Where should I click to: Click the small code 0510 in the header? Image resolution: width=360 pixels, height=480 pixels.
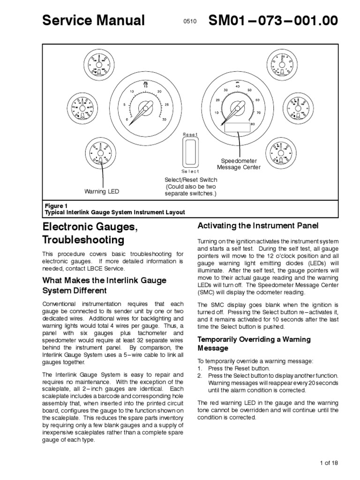point(190,22)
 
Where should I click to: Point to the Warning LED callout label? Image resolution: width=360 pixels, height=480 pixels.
point(102,191)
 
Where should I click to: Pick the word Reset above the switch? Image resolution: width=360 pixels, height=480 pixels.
point(190,135)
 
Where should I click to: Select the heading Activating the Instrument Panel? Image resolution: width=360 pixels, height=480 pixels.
point(258,226)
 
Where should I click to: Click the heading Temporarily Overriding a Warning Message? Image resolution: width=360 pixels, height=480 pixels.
point(254,344)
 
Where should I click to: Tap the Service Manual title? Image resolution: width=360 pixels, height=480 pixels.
point(94,21)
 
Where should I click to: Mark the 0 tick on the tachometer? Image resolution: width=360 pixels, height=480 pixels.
point(127,120)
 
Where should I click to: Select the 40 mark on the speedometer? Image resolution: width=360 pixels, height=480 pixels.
point(238,86)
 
